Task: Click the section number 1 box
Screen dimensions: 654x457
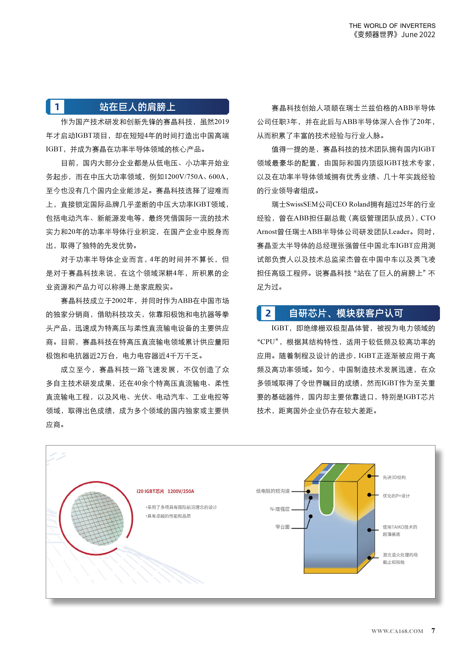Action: pos(57,107)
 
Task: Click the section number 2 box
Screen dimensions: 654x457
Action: pos(268,313)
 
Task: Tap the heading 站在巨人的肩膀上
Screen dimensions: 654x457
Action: pos(137,107)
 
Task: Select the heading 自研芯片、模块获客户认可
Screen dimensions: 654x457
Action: pos(346,313)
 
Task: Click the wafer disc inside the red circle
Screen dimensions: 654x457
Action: pos(97,518)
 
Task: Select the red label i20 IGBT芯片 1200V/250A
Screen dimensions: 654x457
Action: pos(165,491)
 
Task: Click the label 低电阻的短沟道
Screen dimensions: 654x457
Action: pos(273,491)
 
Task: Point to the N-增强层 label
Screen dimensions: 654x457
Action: pos(279,509)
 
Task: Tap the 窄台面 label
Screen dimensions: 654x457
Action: pos(282,527)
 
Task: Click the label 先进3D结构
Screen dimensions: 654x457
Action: pos(394,477)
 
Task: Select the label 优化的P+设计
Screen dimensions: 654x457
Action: pos(396,496)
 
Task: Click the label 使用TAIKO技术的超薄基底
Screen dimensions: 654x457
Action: pos(400,530)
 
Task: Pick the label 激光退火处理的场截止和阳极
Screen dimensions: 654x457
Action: pos(400,558)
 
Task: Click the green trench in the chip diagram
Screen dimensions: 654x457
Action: pos(326,496)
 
